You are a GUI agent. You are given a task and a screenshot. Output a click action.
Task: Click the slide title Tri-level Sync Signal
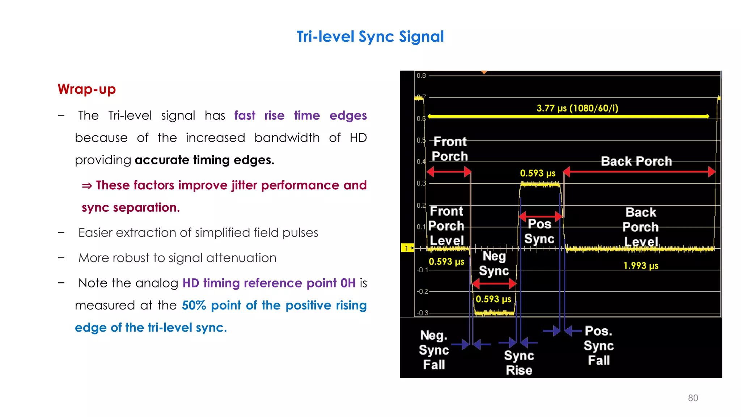[x=370, y=37]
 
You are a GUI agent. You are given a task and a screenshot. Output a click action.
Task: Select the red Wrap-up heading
[x=86, y=89]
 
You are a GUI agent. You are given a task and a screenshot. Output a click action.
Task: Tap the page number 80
[x=693, y=398]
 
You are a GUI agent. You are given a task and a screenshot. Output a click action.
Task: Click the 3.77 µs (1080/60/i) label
[x=577, y=108]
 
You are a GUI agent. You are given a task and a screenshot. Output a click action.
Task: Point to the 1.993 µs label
[x=641, y=266]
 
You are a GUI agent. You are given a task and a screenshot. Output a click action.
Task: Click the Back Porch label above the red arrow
[x=636, y=161]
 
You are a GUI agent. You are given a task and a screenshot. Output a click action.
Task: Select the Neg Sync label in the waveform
[x=494, y=264]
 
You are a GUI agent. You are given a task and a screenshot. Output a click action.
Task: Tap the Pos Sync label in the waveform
[x=539, y=231]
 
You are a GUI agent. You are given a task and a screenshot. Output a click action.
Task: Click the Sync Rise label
[x=519, y=363]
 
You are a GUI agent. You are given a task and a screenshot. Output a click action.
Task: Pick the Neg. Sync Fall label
[x=434, y=350]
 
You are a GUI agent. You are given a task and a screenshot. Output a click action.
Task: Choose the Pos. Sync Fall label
[x=599, y=345]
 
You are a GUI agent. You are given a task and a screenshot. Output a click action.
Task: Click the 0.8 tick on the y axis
[x=421, y=76]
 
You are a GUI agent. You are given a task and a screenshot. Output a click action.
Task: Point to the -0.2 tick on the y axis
[x=422, y=291]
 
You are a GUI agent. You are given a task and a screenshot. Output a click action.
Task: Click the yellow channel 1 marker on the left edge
[x=407, y=248]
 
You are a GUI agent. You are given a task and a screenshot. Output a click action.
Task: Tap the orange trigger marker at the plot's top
[x=484, y=72]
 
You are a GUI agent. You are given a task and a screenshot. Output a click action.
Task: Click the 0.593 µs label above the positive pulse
[x=538, y=173]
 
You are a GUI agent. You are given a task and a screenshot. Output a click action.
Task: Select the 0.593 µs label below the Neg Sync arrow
[x=493, y=299]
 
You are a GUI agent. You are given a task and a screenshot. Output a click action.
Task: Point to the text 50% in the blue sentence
[x=194, y=306]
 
